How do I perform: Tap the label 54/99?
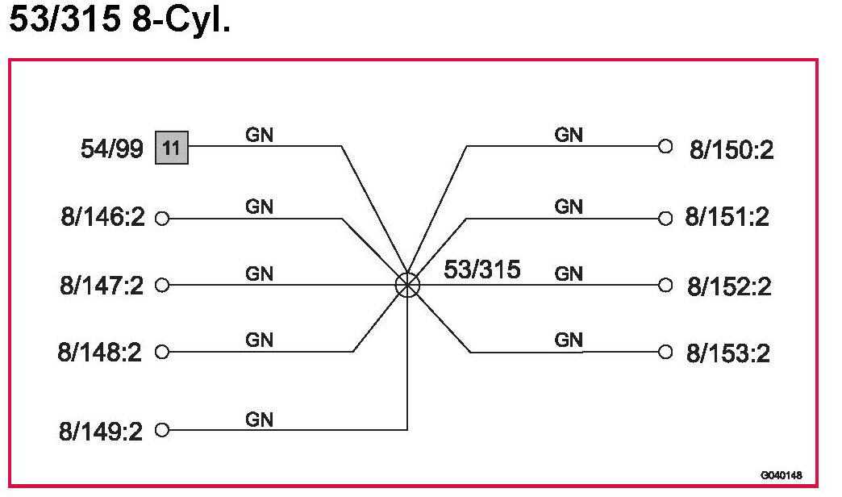coord(112,148)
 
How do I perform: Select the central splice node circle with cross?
coord(408,284)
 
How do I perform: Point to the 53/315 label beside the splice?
coord(481,269)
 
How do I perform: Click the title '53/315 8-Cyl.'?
coord(119,21)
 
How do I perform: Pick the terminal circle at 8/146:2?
coord(161,219)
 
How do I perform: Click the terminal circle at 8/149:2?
coord(161,430)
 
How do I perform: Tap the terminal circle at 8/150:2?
coord(665,147)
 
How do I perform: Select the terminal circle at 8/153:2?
coord(665,352)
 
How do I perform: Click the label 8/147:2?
coord(101,286)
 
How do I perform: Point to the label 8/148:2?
coord(100,353)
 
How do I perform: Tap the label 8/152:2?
coord(729,286)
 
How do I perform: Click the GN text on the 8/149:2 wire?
coord(259,420)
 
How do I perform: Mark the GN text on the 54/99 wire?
coord(259,136)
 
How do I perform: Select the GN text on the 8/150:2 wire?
coord(569,136)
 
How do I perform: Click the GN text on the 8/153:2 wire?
coord(569,340)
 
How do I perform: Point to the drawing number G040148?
coord(781,475)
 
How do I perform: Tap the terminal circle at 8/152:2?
coord(665,284)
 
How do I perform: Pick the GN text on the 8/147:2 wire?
coord(259,274)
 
